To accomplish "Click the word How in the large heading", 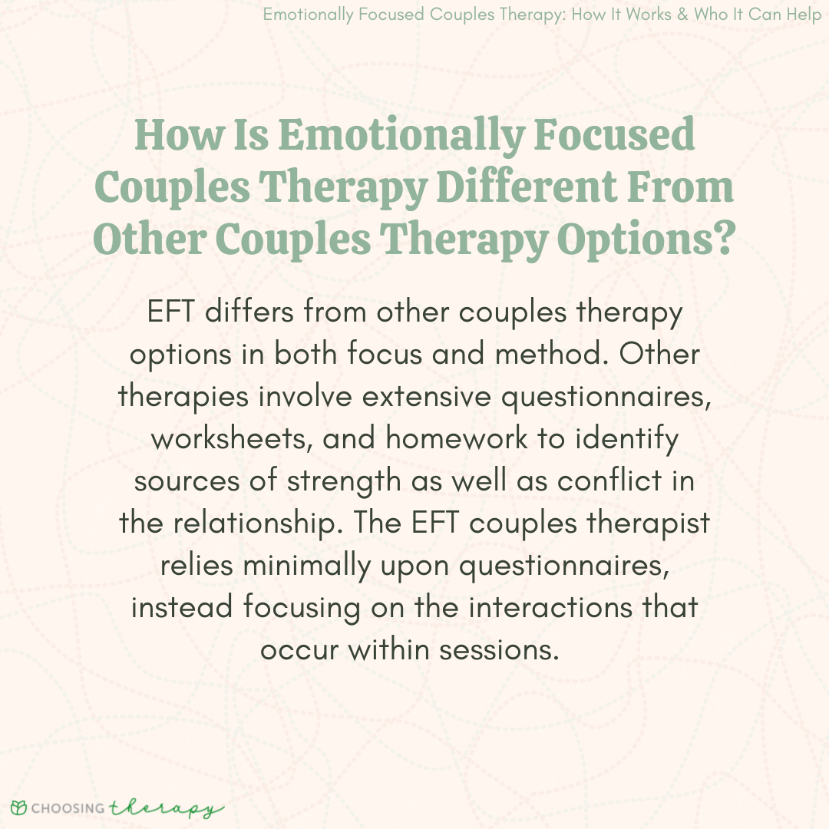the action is click(x=179, y=135).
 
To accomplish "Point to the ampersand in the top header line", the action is click(x=682, y=14).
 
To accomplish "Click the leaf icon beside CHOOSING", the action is click(x=18, y=808).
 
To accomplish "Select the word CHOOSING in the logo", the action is click(x=68, y=808).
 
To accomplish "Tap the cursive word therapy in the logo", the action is click(x=166, y=808).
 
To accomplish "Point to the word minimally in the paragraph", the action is click(x=306, y=566).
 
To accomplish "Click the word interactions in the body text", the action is click(x=550, y=607).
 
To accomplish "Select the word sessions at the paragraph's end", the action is click(x=499, y=650).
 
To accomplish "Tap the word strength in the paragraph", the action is click(x=344, y=481).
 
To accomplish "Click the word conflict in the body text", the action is click(x=609, y=481).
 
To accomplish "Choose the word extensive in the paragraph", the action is click(x=426, y=397).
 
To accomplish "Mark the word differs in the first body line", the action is click(x=249, y=312).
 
